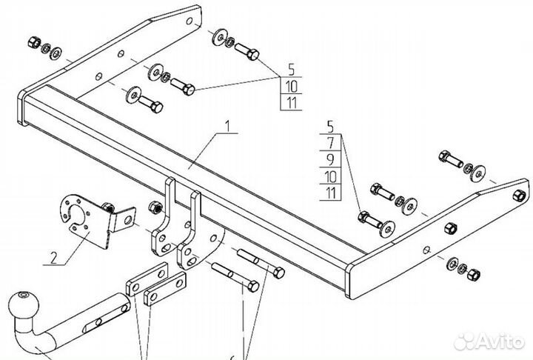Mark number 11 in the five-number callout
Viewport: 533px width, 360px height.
[331, 193]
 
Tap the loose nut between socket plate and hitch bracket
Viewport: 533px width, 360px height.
[156, 207]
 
